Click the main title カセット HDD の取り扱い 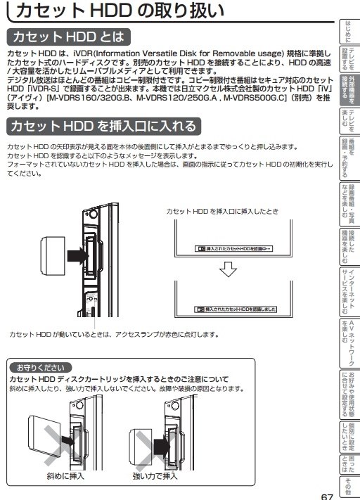tap(120, 13)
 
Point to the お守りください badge tap(39, 367)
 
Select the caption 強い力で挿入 tap(155, 477)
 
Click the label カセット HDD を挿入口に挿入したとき tap(222, 210)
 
